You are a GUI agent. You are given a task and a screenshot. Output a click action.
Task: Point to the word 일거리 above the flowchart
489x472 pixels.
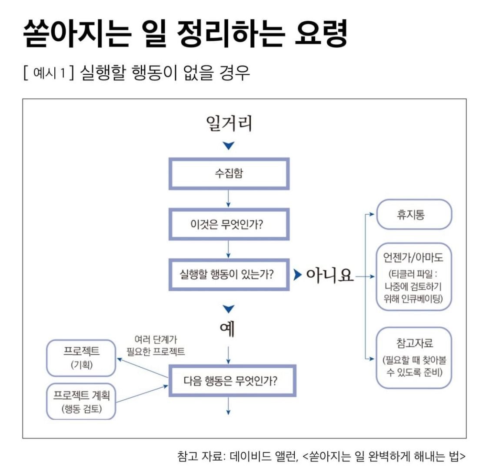(229, 123)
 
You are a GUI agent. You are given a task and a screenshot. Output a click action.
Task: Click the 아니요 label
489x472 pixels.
(330, 275)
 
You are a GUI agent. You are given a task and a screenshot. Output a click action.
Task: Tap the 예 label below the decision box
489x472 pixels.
(227, 329)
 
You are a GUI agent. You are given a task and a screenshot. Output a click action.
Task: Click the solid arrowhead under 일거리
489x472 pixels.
(229, 146)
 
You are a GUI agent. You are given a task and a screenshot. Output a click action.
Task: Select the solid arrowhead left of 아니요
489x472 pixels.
(297, 275)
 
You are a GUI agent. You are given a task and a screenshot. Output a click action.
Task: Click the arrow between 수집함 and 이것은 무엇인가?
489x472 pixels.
(228, 199)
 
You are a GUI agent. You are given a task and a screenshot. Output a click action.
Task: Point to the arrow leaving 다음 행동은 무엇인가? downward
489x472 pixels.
(228, 406)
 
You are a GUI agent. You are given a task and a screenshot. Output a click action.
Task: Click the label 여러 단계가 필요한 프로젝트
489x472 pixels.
(156, 346)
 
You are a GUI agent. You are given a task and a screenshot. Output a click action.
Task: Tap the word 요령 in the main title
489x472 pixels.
(321, 33)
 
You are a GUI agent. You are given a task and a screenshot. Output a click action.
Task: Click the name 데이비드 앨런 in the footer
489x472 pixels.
(263, 456)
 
